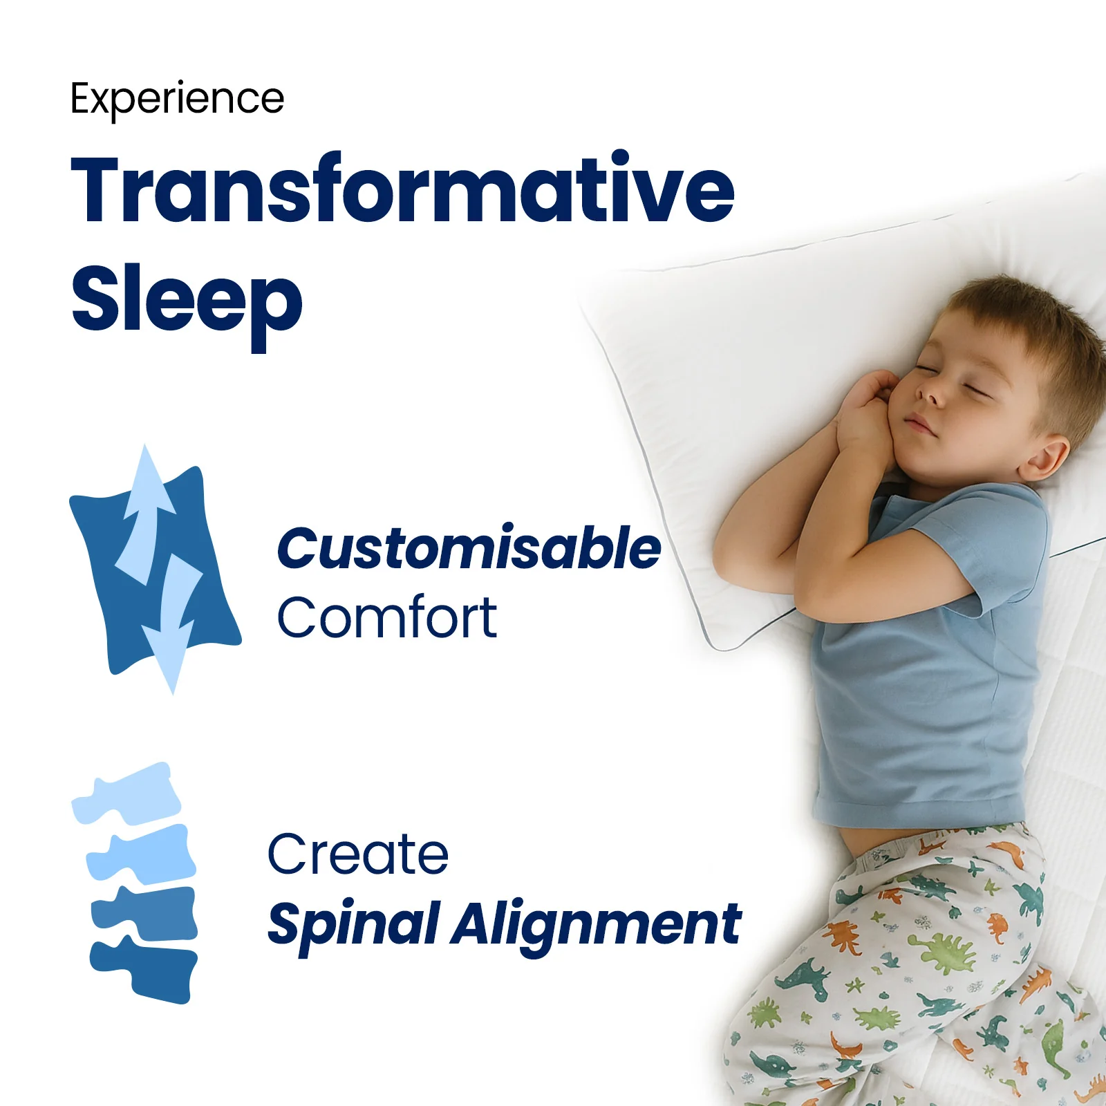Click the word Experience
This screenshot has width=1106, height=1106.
[177, 100]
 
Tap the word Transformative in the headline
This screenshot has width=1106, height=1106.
[402, 189]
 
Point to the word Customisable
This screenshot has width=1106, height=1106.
[469, 548]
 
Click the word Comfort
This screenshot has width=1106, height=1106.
[386, 617]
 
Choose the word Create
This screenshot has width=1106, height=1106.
[358, 854]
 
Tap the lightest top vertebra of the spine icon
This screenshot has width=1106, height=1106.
[127, 794]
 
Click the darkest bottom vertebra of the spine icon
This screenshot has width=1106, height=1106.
[144, 969]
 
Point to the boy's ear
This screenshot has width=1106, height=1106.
[1044, 458]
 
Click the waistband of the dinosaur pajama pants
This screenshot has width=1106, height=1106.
[940, 847]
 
